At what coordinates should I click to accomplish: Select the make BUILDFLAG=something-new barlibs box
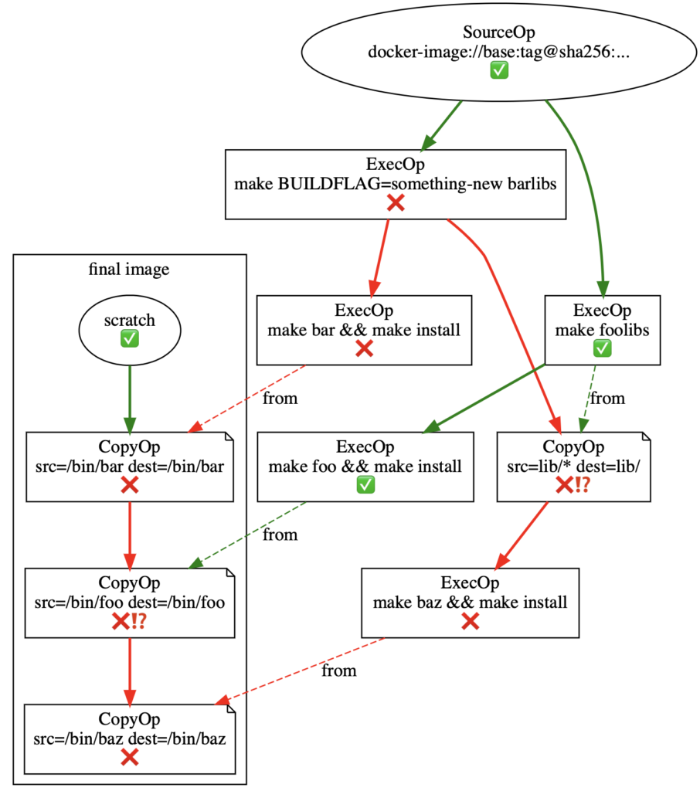[395, 184]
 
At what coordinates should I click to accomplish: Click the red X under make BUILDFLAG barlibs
[395, 203]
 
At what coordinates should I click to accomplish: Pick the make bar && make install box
[364, 330]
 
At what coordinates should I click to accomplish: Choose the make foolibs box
[602, 330]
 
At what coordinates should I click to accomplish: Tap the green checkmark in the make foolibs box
[602, 349]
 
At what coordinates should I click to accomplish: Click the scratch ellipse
[129, 331]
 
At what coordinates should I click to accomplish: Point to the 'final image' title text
[129, 270]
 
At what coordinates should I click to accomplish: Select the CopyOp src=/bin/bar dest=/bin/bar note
[130, 466]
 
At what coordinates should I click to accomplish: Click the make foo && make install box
[365, 466]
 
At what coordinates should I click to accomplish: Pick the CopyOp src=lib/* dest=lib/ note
[574, 466]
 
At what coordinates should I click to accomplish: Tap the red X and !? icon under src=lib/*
[573, 485]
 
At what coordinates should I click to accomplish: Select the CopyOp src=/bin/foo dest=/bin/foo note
[130, 602]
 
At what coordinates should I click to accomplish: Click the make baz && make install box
[470, 602]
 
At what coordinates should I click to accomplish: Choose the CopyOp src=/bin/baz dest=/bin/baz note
[130, 738]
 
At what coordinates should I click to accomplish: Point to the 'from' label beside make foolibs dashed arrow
[607, 399]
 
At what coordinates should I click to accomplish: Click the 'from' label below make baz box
[339, 670]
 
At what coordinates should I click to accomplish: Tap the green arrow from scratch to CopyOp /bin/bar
[129, 398]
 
